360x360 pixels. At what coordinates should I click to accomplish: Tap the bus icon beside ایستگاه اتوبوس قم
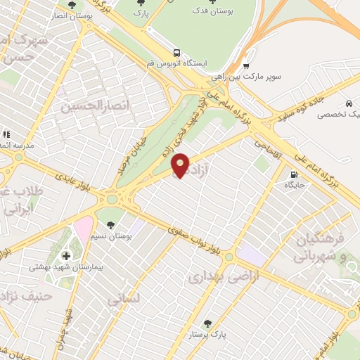[x=176, y=52]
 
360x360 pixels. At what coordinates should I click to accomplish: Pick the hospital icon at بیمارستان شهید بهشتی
[x=67, y=255]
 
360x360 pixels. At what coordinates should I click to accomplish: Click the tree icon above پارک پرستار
[x=208, y=323]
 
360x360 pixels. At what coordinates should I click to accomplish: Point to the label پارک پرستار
[x=209, y=335]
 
